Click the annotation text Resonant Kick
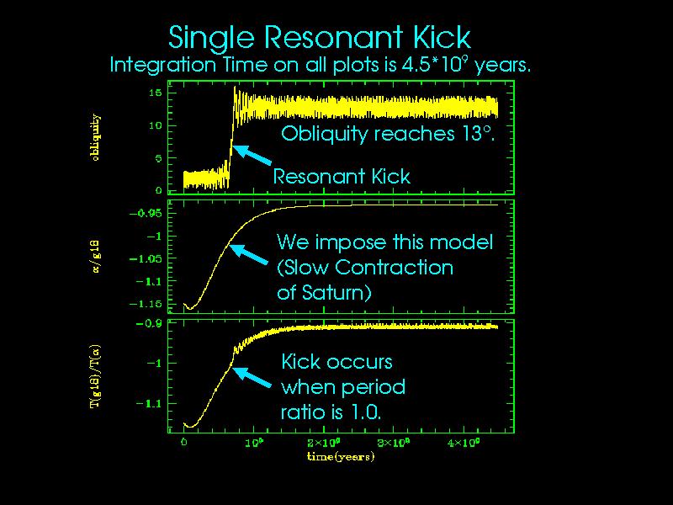[342, 177]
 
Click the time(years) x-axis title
[340, 457]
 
